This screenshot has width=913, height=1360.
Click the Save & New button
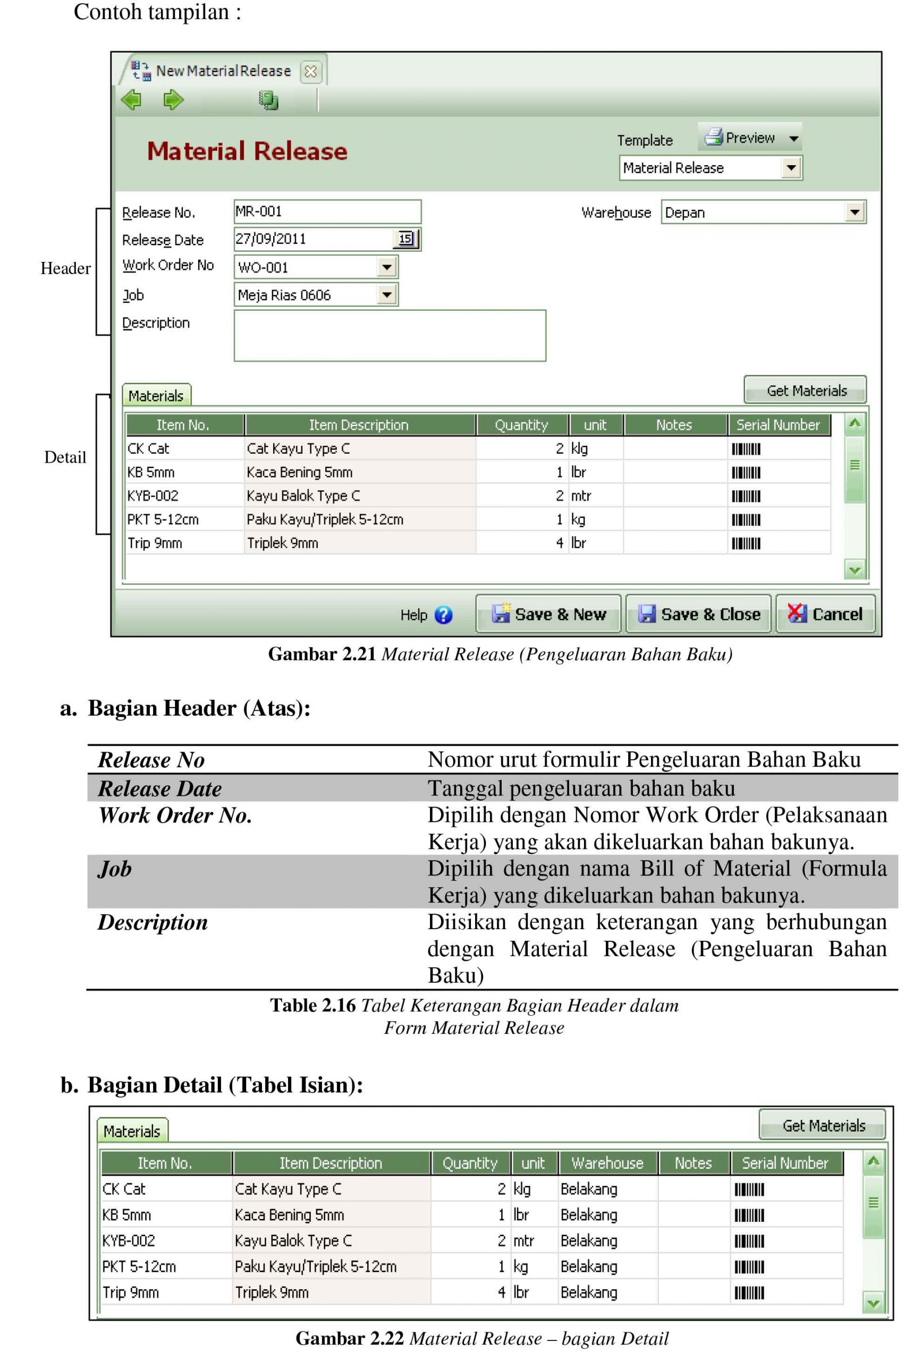tap(548, 614)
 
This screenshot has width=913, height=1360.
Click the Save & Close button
tap(698, 614)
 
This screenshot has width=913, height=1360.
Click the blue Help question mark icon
tap(443, 615)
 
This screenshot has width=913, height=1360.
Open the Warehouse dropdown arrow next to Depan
tap(853, 212)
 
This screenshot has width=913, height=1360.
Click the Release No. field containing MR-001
tap(327, 212)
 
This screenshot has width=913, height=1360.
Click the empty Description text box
tap(390, 336)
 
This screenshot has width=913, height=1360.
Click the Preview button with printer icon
tap(749, 138)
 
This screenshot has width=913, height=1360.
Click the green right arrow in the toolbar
tap(173, 99)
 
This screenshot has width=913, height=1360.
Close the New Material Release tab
tap(310, 72)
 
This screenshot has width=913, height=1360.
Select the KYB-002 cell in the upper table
tap(153, 496)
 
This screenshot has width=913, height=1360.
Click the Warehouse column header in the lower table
tap(607, 1163)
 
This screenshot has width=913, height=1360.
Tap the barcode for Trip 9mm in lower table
tap(749, 1293)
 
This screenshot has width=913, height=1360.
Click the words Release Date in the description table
tap(159, 788)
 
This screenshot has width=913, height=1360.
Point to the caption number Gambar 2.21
tap(322, 654)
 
